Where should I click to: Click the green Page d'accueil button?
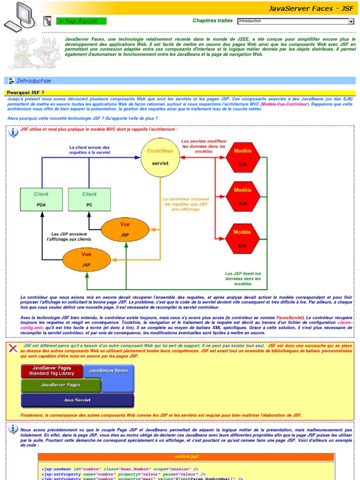pos(81,21)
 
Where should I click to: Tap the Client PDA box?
pos(41,199)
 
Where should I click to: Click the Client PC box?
pos(89,199)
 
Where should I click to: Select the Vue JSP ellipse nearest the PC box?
pos(125,230)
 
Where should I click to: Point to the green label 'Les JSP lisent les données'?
pos(243,279)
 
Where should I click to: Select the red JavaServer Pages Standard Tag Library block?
pos(52,371)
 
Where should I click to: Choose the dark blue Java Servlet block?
pos(77,400)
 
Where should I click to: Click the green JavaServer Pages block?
pos(60,385)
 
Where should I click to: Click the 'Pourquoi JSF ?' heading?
pos(25,93)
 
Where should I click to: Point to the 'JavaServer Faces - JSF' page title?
pos(311,8)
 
